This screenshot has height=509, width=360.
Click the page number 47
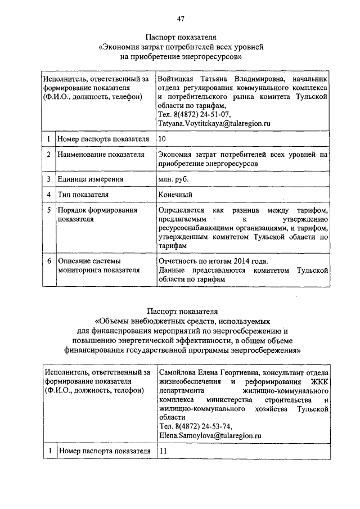pos(181,20)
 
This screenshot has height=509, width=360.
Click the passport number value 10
pos(163,138)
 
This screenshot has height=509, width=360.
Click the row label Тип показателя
pos(83,195)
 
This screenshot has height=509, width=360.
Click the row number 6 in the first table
pos(49,261)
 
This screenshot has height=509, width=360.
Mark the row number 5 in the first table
pos(49,210)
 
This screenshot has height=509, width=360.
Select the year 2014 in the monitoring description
pos(247,261)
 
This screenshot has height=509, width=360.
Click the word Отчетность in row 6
pos(178,261)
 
